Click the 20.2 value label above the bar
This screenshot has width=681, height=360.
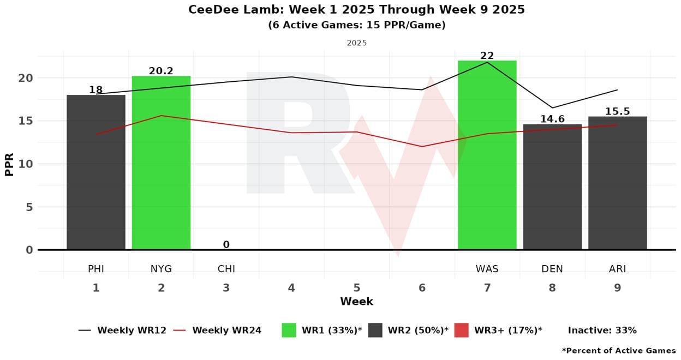[161, 71]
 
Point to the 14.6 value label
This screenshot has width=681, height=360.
[552, 119]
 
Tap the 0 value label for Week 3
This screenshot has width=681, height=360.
[226, 245]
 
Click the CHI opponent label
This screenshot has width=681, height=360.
[226, 269]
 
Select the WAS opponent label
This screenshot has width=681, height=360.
[487, 269]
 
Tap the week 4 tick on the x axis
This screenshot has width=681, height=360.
[291, 287]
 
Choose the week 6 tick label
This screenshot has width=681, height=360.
[422, 287]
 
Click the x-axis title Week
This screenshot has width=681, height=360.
[356, 302]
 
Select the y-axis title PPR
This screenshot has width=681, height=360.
[9, 164]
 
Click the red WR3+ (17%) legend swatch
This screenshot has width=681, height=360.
[461, 330]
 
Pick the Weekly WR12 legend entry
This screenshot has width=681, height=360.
[122, 330]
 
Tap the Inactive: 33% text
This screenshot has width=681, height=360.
[602, 330]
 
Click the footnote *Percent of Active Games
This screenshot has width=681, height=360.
[618, 351]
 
